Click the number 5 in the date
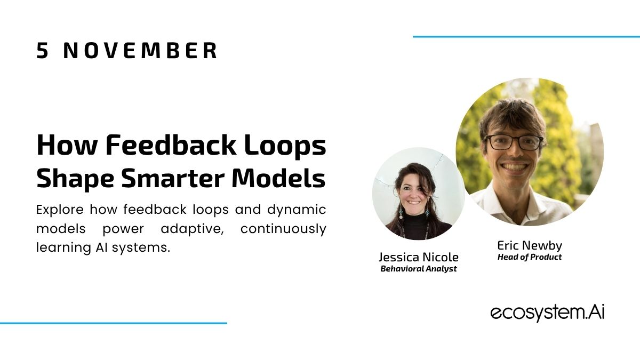42,51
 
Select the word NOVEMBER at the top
140,51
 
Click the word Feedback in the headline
171,145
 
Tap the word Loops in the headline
285,146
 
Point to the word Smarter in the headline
173,178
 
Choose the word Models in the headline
279,178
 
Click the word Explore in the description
60,210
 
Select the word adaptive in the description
193,229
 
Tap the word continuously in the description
283,229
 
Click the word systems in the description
141,247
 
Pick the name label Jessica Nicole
419,258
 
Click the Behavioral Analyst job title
419,269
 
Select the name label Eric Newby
530,246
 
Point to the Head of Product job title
530,257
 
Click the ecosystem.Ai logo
547,313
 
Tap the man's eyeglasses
514,142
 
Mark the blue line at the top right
526,37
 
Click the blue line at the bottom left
114,323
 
